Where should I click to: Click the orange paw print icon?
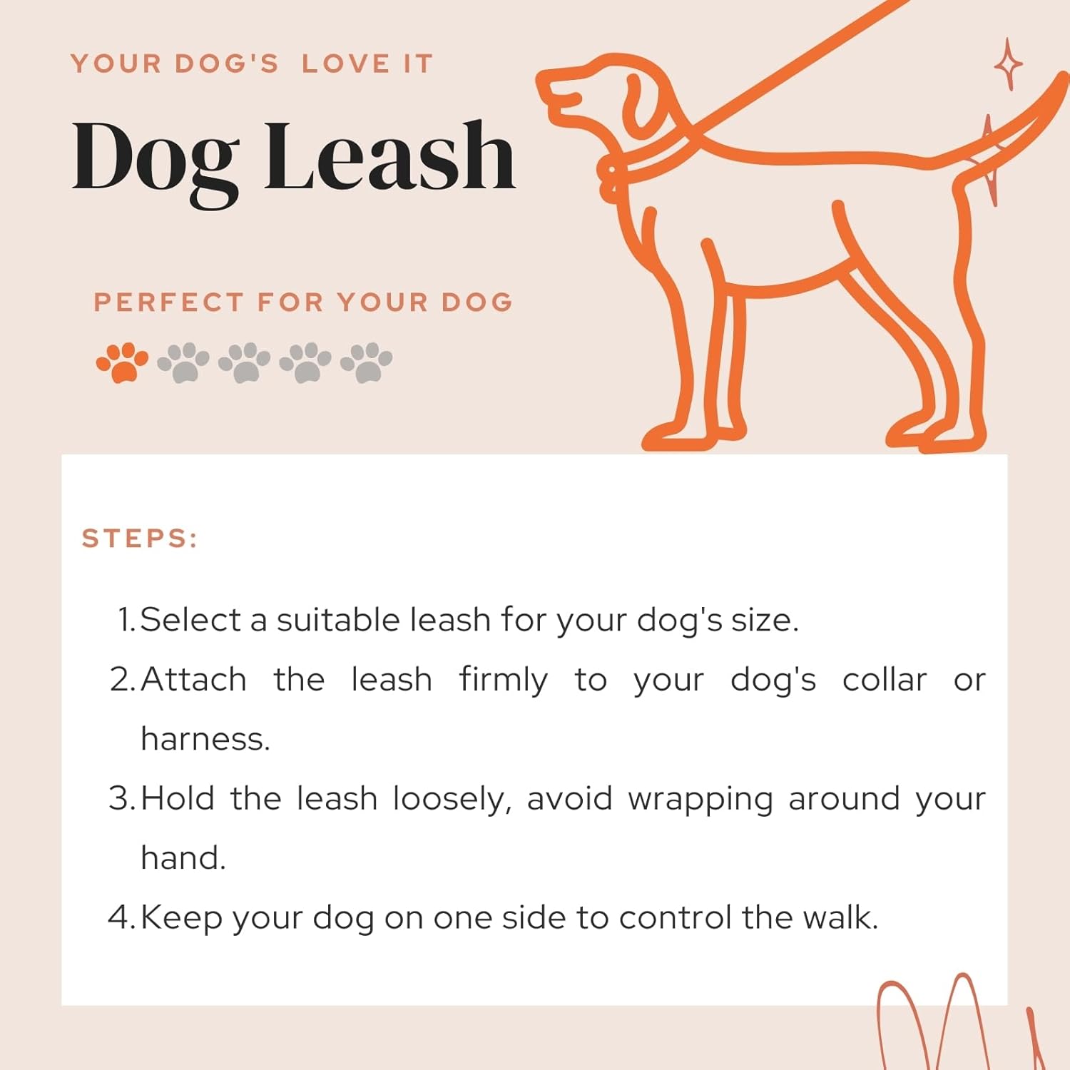122,362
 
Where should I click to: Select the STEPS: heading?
140,539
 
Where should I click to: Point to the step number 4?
120,917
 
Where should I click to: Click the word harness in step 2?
205,739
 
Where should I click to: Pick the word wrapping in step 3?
700,800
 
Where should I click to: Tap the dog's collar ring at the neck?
611,181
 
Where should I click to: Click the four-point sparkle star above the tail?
1008,64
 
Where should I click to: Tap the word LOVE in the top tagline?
346,64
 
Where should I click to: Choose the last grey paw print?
367,362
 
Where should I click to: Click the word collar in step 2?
885,680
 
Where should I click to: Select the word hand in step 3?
183,858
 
